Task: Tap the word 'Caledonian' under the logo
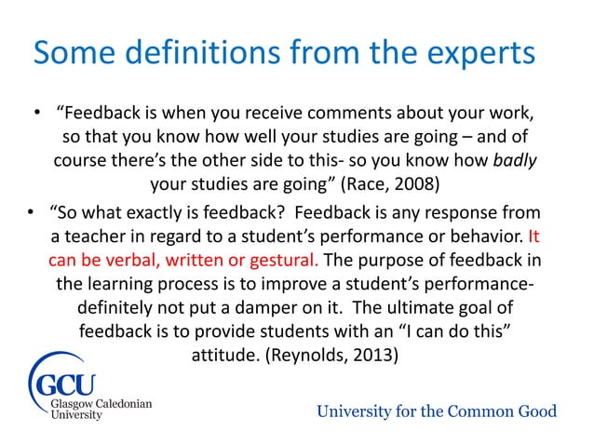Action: tap(117, 405)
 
